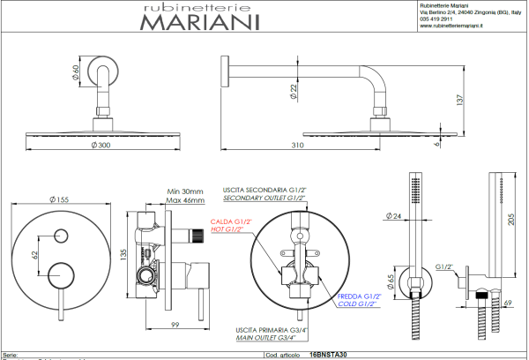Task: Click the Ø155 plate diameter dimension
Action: (60, 199)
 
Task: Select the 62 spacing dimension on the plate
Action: (35, 255)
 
